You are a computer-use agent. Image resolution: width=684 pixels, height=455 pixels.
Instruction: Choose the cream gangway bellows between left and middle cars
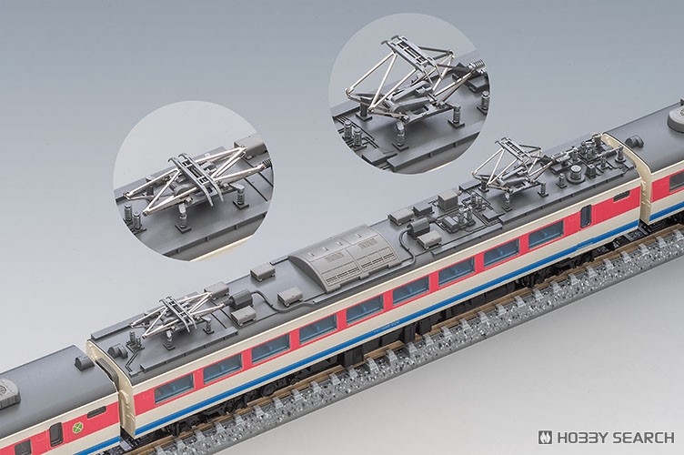coord(105,382)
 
